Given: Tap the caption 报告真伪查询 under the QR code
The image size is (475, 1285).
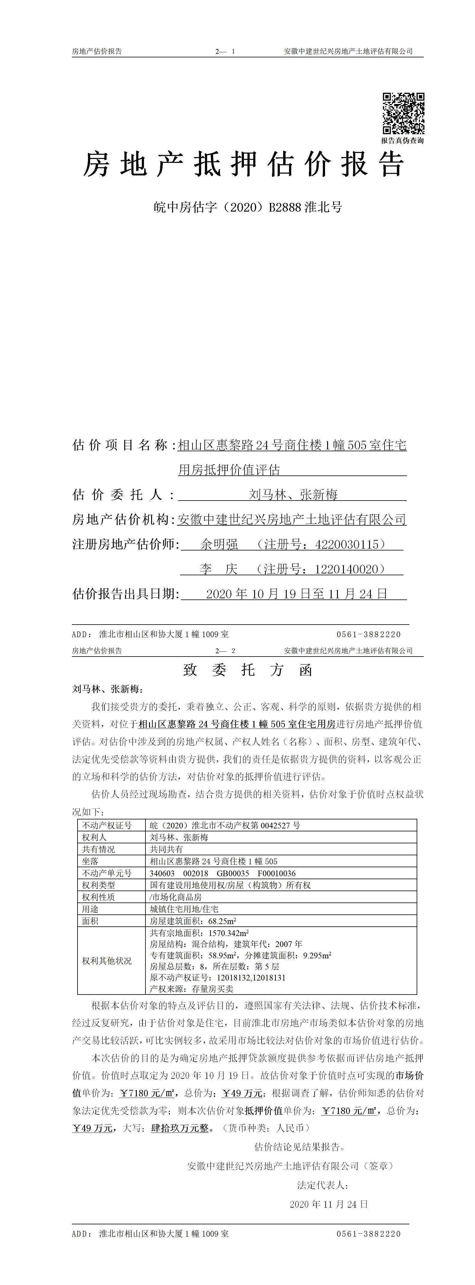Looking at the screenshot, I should pos(403,141).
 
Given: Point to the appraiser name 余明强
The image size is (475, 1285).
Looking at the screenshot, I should pos(219,544).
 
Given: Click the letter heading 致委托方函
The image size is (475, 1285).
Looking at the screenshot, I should pos(248,670).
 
